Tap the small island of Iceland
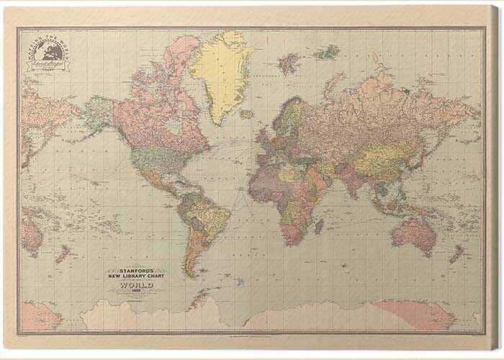pos(247,114)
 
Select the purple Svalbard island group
pos(289,63)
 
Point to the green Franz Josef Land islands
pos(327,52)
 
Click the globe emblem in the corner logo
pos(49,51)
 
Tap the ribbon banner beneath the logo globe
pos(49,66)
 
